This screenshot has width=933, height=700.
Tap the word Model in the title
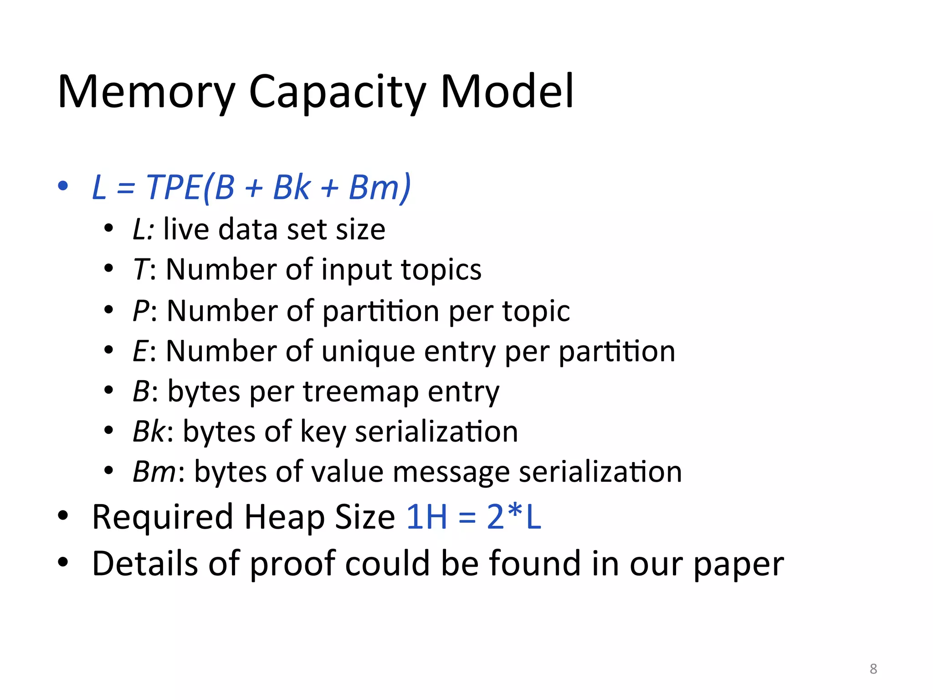(x=507, y=92)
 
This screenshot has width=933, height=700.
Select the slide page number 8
(x=873, y=669)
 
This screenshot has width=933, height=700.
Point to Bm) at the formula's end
(x=380, y=187)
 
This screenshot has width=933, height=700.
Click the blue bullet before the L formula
(x=63, y=185)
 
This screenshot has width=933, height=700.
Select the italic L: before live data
(x=143, y=229)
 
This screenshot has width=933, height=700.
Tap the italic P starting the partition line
(x=141, y=311)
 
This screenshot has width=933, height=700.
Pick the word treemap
(x=360, y=391)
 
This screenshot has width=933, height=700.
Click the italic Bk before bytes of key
(x=149, y=432)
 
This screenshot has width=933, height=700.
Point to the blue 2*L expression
(x=514, y=517)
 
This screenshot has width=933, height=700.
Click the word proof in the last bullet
(x=293, y=564)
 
